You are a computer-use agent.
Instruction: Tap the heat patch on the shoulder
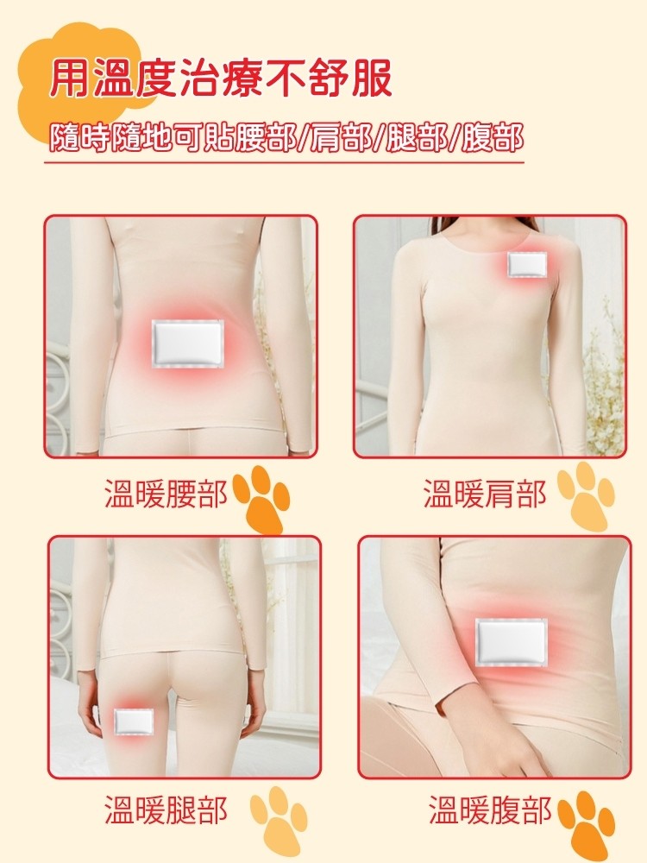tap(527, 263)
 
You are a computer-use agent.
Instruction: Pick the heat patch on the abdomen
tap(511, 642)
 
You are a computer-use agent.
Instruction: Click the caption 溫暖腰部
tap(166, 493)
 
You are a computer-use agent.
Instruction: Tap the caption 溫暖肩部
tap(484, 493)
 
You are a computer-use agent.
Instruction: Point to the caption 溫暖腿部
tap(166, 810)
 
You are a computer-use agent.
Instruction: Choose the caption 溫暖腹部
tap(490, 810)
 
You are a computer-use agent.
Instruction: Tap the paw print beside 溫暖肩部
tap(586, 498)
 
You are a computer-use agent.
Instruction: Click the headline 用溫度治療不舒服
tap(221, 79)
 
